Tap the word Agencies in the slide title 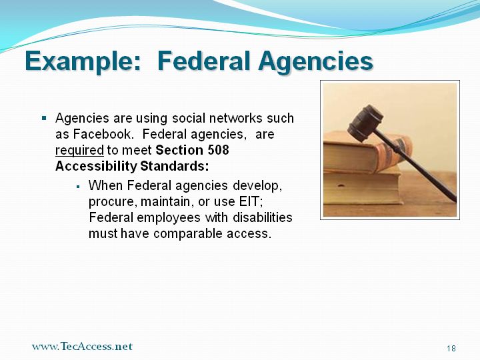coord(315,62)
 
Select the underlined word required coord(79,150)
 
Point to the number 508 coord(218,150)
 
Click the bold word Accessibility coord(96,166)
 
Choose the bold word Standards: coord(175,166)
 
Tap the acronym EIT coord(250,201)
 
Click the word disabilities coord(263,217)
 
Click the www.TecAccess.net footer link coord(82,346)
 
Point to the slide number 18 coord(451,349)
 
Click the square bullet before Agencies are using coord(44,118)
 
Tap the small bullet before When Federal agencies coord(79,186)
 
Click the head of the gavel coord(365,123)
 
